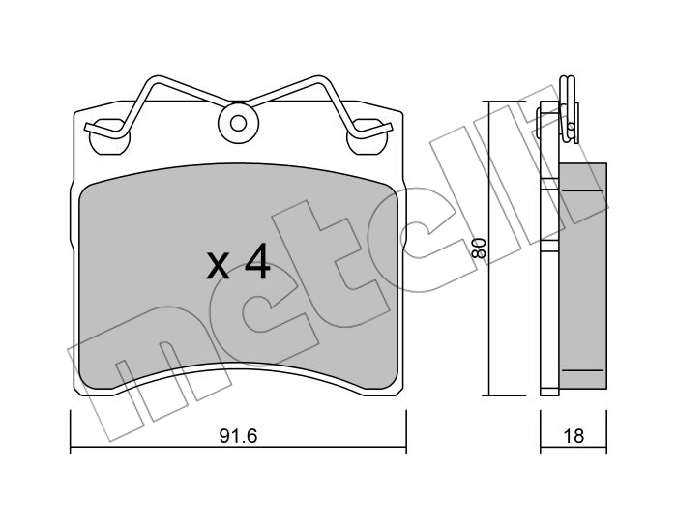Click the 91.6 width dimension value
pyautogui.click(x=238, y=435)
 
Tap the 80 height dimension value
pyautogui.click(x=479, y=248)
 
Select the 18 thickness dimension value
pyautogui.click(x=574, y=435)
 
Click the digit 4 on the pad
pyautogui.click(x=258, y=261)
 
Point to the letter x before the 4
pyautogui.click(x=218, y=265)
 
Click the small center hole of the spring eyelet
pyautogui.click(x=238, y=124)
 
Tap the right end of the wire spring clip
pyautogui.click(x=390, y=127)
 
